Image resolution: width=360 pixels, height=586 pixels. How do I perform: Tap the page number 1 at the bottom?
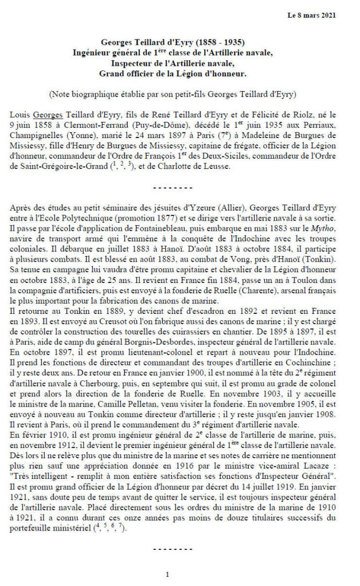click(167, 574)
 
